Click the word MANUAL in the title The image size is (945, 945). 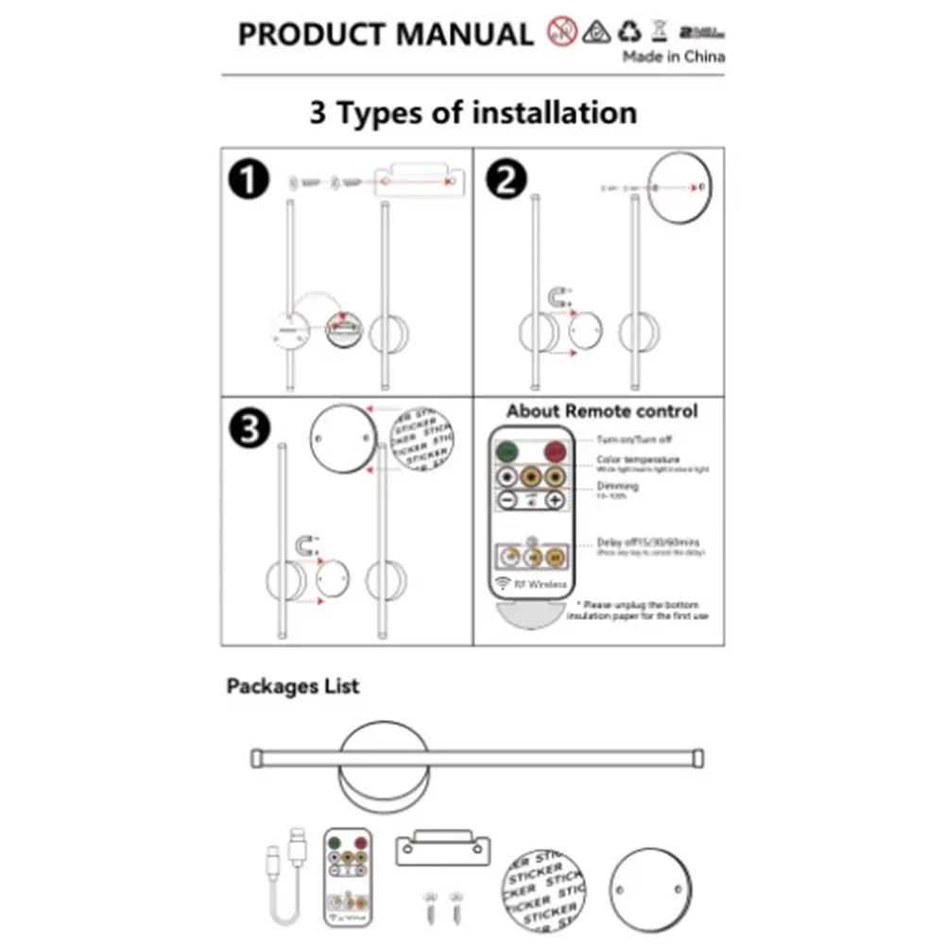pyautogui.click(x=464, y=34)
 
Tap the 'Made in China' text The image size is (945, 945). pyautogui.click(x=674, y=57)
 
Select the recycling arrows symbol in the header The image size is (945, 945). pyautogui.click(x=629, y=31)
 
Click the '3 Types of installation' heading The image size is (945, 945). pyautogui.click(x=472, y=113)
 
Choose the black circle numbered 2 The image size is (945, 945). pyautogui.click(x=507, y=180)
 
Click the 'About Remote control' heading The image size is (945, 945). pyautogui.click(x=602, y=411)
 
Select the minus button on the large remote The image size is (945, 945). pyautogui.click(x=508, y=501)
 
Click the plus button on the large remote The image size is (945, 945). pyautogui.click(x=555, y=501)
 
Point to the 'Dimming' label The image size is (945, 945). pyautogui.click(x=617, y=486)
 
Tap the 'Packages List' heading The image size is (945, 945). pyautogui.click(x=293, y=686)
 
